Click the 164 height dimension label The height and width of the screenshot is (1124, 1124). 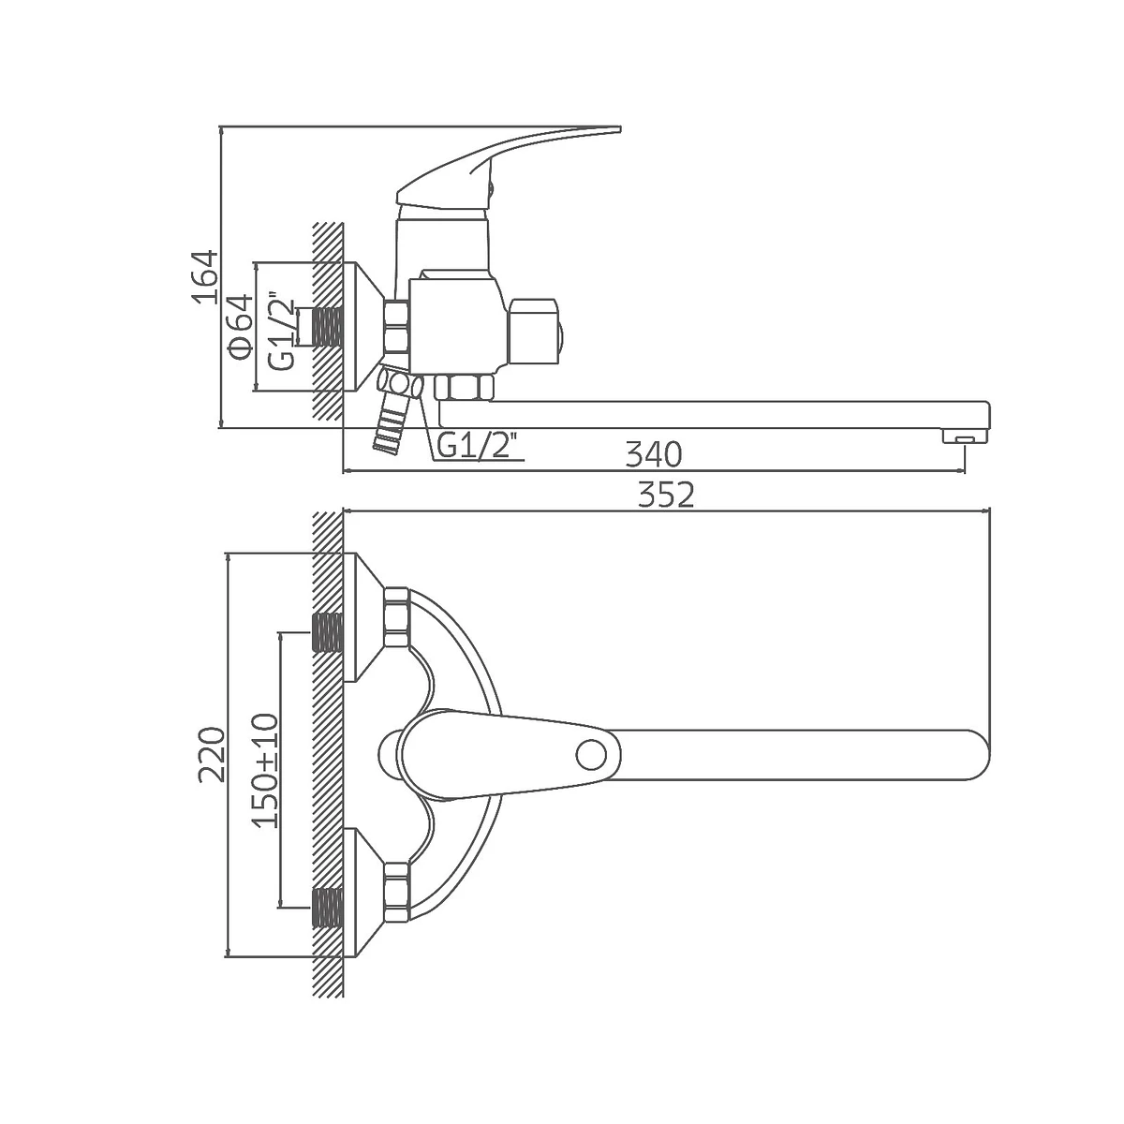(x=205, y=277)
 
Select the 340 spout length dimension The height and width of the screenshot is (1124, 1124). (x=653, y=454)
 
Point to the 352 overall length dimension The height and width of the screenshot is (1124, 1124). (x=666, y=495)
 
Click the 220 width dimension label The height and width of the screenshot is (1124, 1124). (x=212, y=754)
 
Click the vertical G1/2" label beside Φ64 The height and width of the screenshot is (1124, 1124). (x=282, y=333)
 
